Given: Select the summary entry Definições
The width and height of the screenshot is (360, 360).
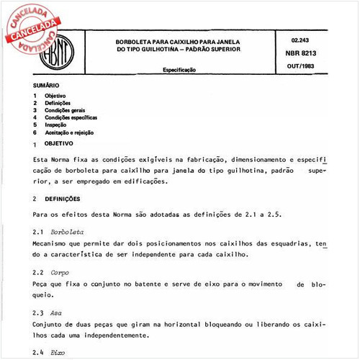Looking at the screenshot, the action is pyautogui.click(x=60, y=103).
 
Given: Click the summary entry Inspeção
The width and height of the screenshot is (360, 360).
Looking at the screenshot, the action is pyautogui.click(x=57, y=125).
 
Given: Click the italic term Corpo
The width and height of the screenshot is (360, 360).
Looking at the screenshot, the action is pyautogui.click(x=60, y=273).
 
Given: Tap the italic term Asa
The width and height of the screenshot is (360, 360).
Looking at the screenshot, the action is pyautogui.click(x=57, y=313).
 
